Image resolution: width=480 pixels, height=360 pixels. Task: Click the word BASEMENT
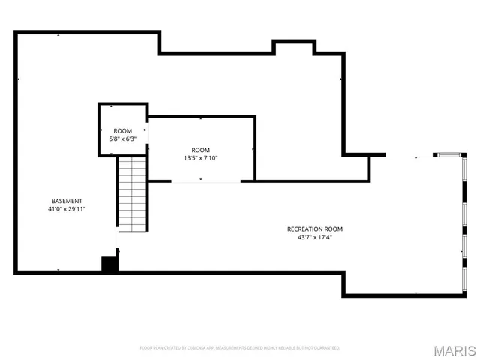(67, 201)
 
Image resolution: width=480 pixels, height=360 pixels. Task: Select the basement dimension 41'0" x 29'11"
(67, 210)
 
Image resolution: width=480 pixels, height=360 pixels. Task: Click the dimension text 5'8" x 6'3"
(123, 139)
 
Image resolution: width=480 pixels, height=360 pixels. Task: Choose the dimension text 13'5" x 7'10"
(200, 158)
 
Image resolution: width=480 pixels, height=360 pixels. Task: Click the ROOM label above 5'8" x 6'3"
(123, 130)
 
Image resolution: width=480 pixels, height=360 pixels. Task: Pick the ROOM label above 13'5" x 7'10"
(200, 150)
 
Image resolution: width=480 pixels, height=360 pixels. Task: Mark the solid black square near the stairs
(109, 263)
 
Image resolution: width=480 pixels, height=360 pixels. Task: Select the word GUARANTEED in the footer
(325, 348)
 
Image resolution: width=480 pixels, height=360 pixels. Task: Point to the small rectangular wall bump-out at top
(293, 47)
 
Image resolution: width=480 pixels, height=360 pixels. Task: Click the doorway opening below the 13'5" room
(206, 181)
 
